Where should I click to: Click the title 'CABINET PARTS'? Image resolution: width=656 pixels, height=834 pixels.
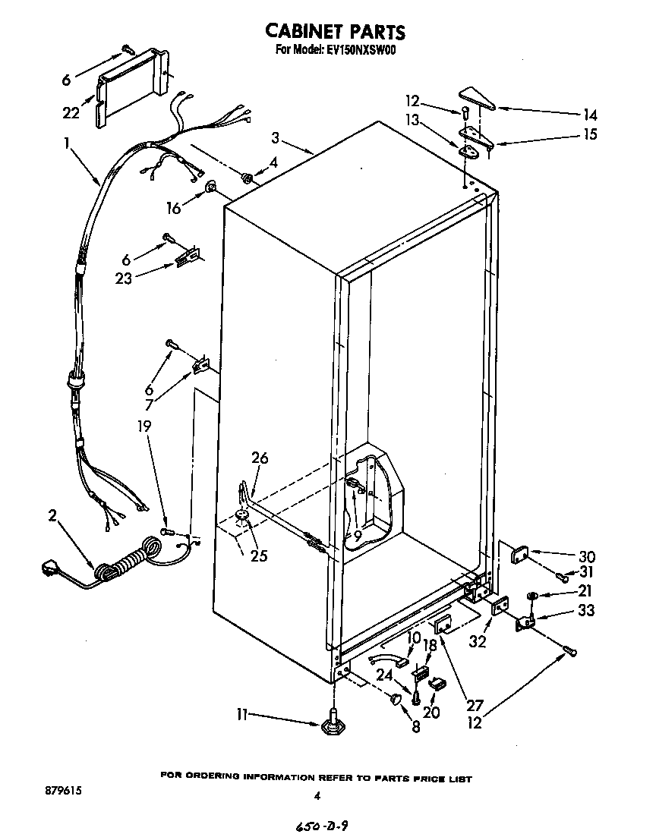tap(334, 31)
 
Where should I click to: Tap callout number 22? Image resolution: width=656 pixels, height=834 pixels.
tap(71, 113)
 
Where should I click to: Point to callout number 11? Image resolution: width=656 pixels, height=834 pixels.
tap(242, 713)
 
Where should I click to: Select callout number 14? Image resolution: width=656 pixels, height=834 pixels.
tap(590, 115)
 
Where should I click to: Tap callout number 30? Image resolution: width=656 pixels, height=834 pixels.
tap(587, 556)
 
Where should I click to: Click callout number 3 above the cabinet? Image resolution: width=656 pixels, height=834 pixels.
tap(276, 138)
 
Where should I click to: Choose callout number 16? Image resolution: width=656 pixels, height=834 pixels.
tap(174, 207)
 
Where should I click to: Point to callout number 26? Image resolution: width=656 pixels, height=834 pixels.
tap(260, 458)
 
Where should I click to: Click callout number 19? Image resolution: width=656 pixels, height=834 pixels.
tap(144, 426)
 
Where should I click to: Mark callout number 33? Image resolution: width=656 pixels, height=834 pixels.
tap(586, 609)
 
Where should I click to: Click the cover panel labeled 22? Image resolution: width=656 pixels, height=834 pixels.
tap(131, 85)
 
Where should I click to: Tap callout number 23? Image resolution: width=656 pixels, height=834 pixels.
tap(124, 278)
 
